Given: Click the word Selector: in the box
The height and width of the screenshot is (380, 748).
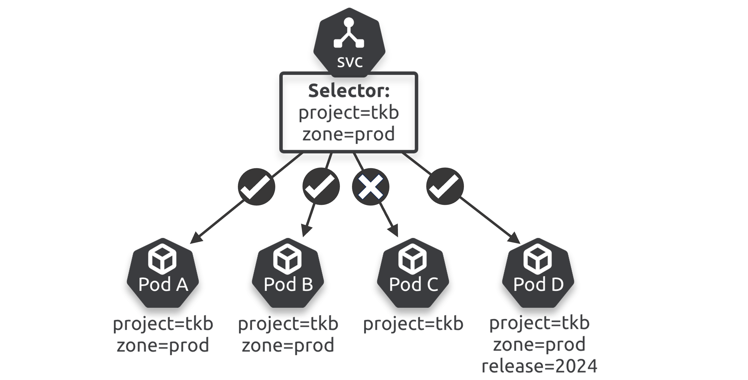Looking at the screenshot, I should pyautogui.click(x=349, y=91).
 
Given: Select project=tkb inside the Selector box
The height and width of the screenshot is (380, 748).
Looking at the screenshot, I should pyautogui.click(x=349, y=113).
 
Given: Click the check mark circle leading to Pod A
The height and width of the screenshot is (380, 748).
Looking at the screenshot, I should pyautogui.click(x=256, y=187).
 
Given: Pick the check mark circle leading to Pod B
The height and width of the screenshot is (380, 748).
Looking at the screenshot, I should pyautogui.click(x=321, y=187).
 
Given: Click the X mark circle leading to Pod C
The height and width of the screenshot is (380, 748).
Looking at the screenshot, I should pyautogui.click(x=370, y=187).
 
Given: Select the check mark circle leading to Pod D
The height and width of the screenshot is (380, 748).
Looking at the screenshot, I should pyautogui.click(x=445, y=187).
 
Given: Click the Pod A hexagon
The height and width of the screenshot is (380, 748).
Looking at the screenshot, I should pyautogui.click(x=163, y=273).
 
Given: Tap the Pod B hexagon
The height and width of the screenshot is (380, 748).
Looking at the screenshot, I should pyautogui.click(x=288, y=273).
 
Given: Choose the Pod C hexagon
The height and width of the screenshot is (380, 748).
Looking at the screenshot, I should pyautogui.click(x=413, y=273).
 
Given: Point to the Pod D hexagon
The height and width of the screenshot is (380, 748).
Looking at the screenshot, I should pyautogui.click(x=538, y=273).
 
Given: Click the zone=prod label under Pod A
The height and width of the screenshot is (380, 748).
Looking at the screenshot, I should pyautogui.click(x=163, y=345).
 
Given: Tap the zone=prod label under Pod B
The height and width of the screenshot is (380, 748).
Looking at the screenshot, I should pyautogui.click(x=288, y=345).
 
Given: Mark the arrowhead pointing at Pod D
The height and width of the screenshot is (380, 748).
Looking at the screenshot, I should pyautogui.click(x=515, y=238).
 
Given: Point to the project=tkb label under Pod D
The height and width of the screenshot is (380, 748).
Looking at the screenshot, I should pyautogui.click(x=540, y=323).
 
